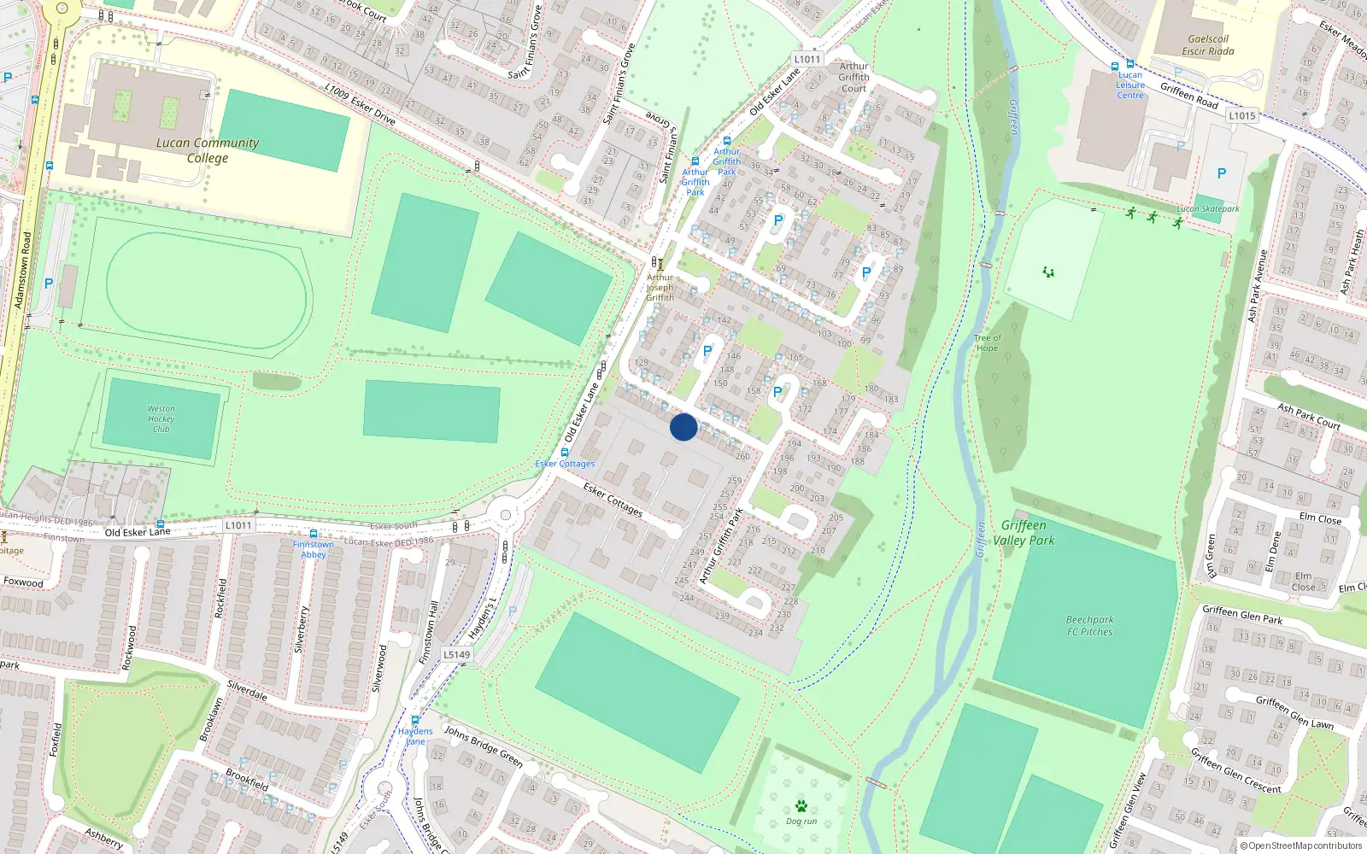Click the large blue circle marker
point(683,427)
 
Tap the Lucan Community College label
point(208,150)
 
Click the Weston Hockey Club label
point(161,418)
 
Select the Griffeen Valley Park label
point(1024,533)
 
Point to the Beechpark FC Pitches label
point(1089,626)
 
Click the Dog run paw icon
point(801,805)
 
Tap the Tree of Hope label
point(987,342)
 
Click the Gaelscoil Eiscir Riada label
point(1208,45)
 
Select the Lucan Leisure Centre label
point(1130,85)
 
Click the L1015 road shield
point(1242,115)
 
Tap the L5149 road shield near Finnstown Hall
point(456,655)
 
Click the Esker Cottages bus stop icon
point(565,453)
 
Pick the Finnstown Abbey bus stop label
point(314,549)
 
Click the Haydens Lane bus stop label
point(415,736)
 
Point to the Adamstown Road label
point(22,270)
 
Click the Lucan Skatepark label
point(1207,209)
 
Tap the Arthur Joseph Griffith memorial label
point(660,288)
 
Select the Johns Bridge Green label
point(483,746)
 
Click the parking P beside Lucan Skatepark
point(1221,173)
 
